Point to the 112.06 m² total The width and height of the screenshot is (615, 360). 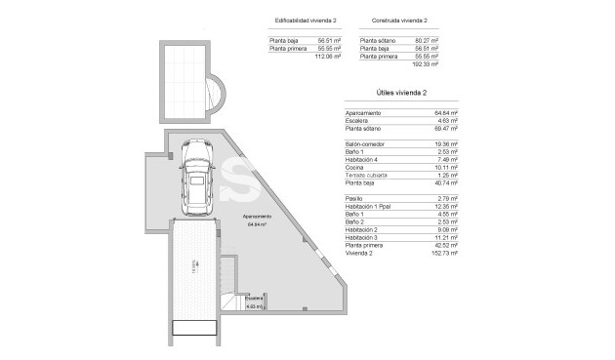pos(328,57)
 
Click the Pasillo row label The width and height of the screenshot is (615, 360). pos(353,198)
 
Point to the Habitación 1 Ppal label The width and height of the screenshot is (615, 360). pos(368,206)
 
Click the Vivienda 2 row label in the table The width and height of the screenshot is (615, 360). pos(359,253)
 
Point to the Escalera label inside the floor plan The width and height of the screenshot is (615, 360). pos(254,298)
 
